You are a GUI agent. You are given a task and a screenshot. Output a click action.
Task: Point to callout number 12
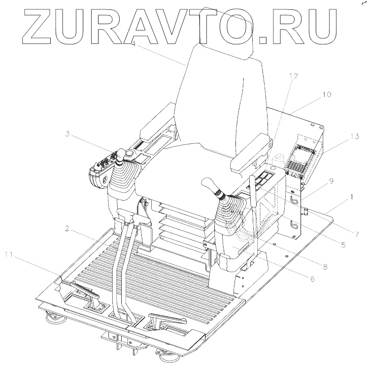[294, 76]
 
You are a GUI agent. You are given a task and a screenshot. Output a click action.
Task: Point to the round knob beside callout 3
[130, 155]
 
